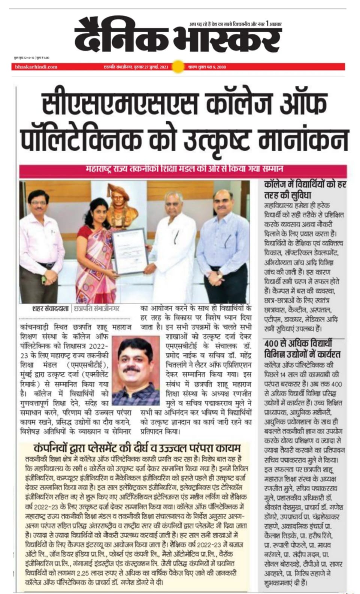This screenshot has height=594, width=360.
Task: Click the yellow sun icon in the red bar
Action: (179, 67)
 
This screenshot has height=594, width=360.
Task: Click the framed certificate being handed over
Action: (128, 251)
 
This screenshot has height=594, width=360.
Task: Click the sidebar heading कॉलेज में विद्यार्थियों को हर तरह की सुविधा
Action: (305, 190)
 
